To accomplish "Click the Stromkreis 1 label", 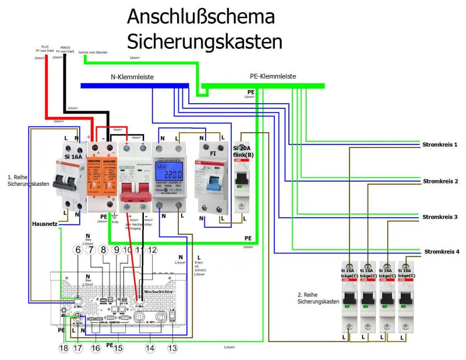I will pos(440,144).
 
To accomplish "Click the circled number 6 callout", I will pos(78,249).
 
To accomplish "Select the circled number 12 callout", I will pos(153,249).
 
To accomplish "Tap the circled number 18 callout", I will pos(63,348).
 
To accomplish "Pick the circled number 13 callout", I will pos(171,348).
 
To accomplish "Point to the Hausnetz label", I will pos(44,223).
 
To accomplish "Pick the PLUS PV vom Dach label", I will pos(44,49).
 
